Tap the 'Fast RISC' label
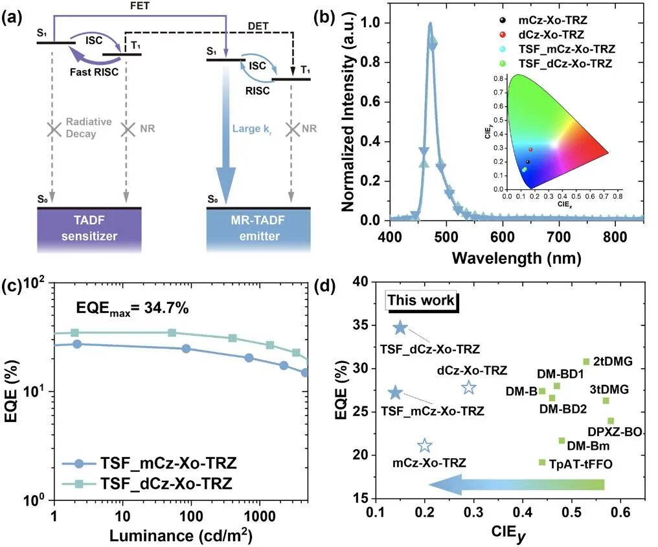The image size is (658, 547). (95, 72)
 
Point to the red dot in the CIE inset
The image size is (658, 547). (530, 149)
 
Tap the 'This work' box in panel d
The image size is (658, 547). (421, 301)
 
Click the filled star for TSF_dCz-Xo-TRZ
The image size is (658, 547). (400, 328)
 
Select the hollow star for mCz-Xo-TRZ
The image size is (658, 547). (425, 445)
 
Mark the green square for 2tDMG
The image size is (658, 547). (586, 361)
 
